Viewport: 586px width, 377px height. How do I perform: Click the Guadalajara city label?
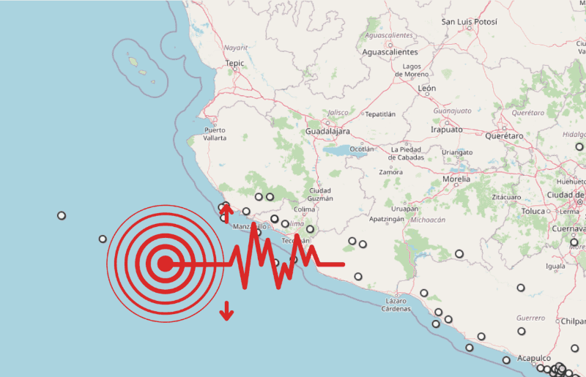click(327, 131)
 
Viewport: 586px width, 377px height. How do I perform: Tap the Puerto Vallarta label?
click(215, 133)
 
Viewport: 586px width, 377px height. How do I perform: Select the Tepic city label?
click(234, 64)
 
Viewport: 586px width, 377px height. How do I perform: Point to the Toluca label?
click(533, 211)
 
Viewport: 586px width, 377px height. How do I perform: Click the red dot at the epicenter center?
click(165, 264)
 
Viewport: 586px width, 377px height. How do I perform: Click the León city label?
click(426, 89)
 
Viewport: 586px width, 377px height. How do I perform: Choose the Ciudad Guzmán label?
click(321, 194)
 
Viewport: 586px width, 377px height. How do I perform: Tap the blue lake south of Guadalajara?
click(338, 152)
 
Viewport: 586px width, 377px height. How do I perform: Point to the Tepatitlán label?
click(380, 114)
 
